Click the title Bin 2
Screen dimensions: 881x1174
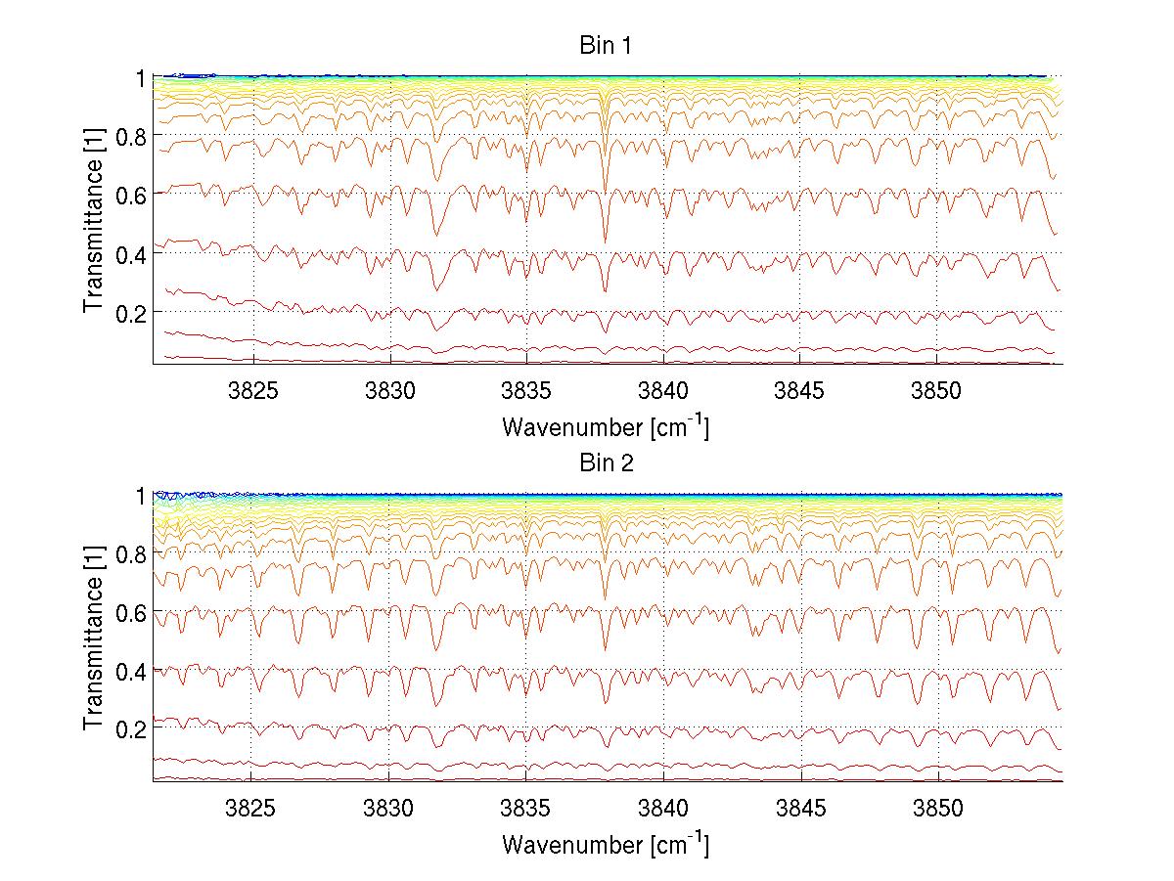point(605,463)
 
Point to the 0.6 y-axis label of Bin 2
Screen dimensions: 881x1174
point(130,612)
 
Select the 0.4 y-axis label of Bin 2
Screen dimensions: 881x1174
point(130,671)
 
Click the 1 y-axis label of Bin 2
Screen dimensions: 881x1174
point(139,496)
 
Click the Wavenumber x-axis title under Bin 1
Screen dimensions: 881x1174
point(605,427)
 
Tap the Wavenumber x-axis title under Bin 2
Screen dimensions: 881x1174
point(605,845)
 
